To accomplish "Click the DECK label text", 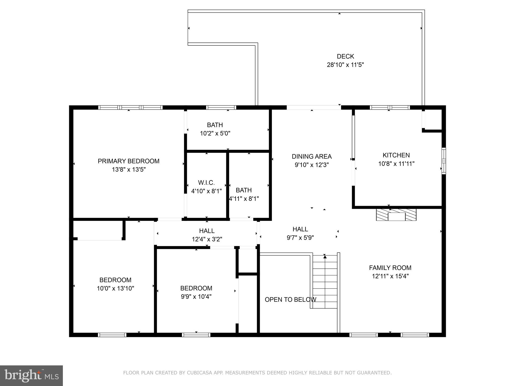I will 345,56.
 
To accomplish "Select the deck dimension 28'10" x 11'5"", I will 345,65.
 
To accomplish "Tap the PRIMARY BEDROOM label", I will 128,161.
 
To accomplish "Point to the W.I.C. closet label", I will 206,183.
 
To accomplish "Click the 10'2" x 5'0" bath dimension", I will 215,133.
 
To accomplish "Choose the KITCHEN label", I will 396,155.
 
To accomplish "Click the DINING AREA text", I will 312,157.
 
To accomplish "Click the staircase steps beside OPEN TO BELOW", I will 325,281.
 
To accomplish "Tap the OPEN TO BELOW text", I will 290,300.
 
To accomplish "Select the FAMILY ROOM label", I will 390,268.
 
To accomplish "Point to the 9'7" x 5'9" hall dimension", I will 300,237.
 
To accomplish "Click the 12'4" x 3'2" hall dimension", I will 207,239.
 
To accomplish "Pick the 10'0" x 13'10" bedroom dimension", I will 115,288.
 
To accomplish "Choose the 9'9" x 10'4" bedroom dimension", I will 196,297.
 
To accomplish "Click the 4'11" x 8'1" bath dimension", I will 244,199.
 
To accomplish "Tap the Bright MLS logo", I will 31,375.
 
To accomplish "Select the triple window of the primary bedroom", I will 130,108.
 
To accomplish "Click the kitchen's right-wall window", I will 444,161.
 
